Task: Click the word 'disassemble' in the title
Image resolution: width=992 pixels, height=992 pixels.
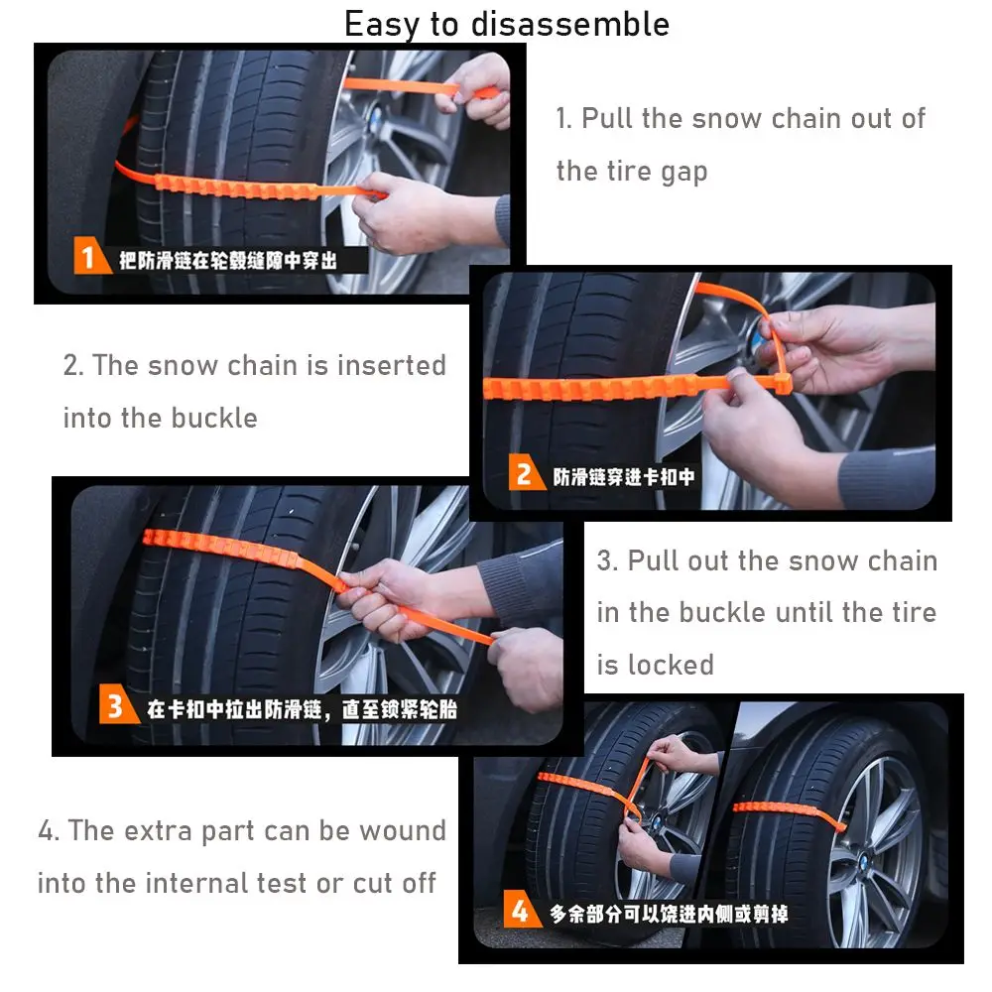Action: (x=570, y=25)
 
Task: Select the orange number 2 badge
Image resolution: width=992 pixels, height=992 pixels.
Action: (x=526, y=472)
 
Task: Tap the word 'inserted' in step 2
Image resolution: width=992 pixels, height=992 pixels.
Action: (x=392, y=365)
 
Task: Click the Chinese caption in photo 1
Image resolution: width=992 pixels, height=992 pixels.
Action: (x=228, y=261)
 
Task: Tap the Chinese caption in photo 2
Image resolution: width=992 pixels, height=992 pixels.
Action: (x=624, y=477)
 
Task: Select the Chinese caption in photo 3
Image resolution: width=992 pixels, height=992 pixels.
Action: (x=302, y=709)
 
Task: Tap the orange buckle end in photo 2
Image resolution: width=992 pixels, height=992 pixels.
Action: (x=784, y=383)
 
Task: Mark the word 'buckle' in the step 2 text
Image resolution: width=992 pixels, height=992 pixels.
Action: (x=214, y=418)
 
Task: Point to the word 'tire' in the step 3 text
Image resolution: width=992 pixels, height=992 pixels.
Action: (x=915, y=612)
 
